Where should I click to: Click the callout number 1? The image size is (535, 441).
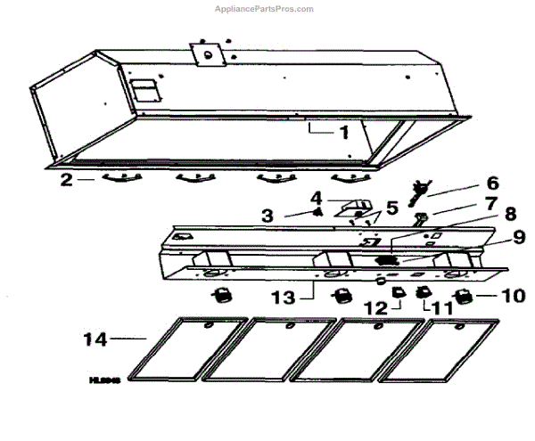[342, 131]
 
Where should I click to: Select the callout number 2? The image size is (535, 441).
[66, 178]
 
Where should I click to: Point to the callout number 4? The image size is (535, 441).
[316, 196]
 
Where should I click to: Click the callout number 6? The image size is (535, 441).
[491, 182]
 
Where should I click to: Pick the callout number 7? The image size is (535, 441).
[492, 204]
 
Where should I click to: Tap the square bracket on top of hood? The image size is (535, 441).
[210, 53]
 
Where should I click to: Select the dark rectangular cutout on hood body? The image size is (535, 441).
[143, 90]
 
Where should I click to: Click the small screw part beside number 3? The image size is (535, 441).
[317, 213]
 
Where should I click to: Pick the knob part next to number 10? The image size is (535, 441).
[464, 297]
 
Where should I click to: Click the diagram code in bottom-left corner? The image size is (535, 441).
[104, 379]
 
